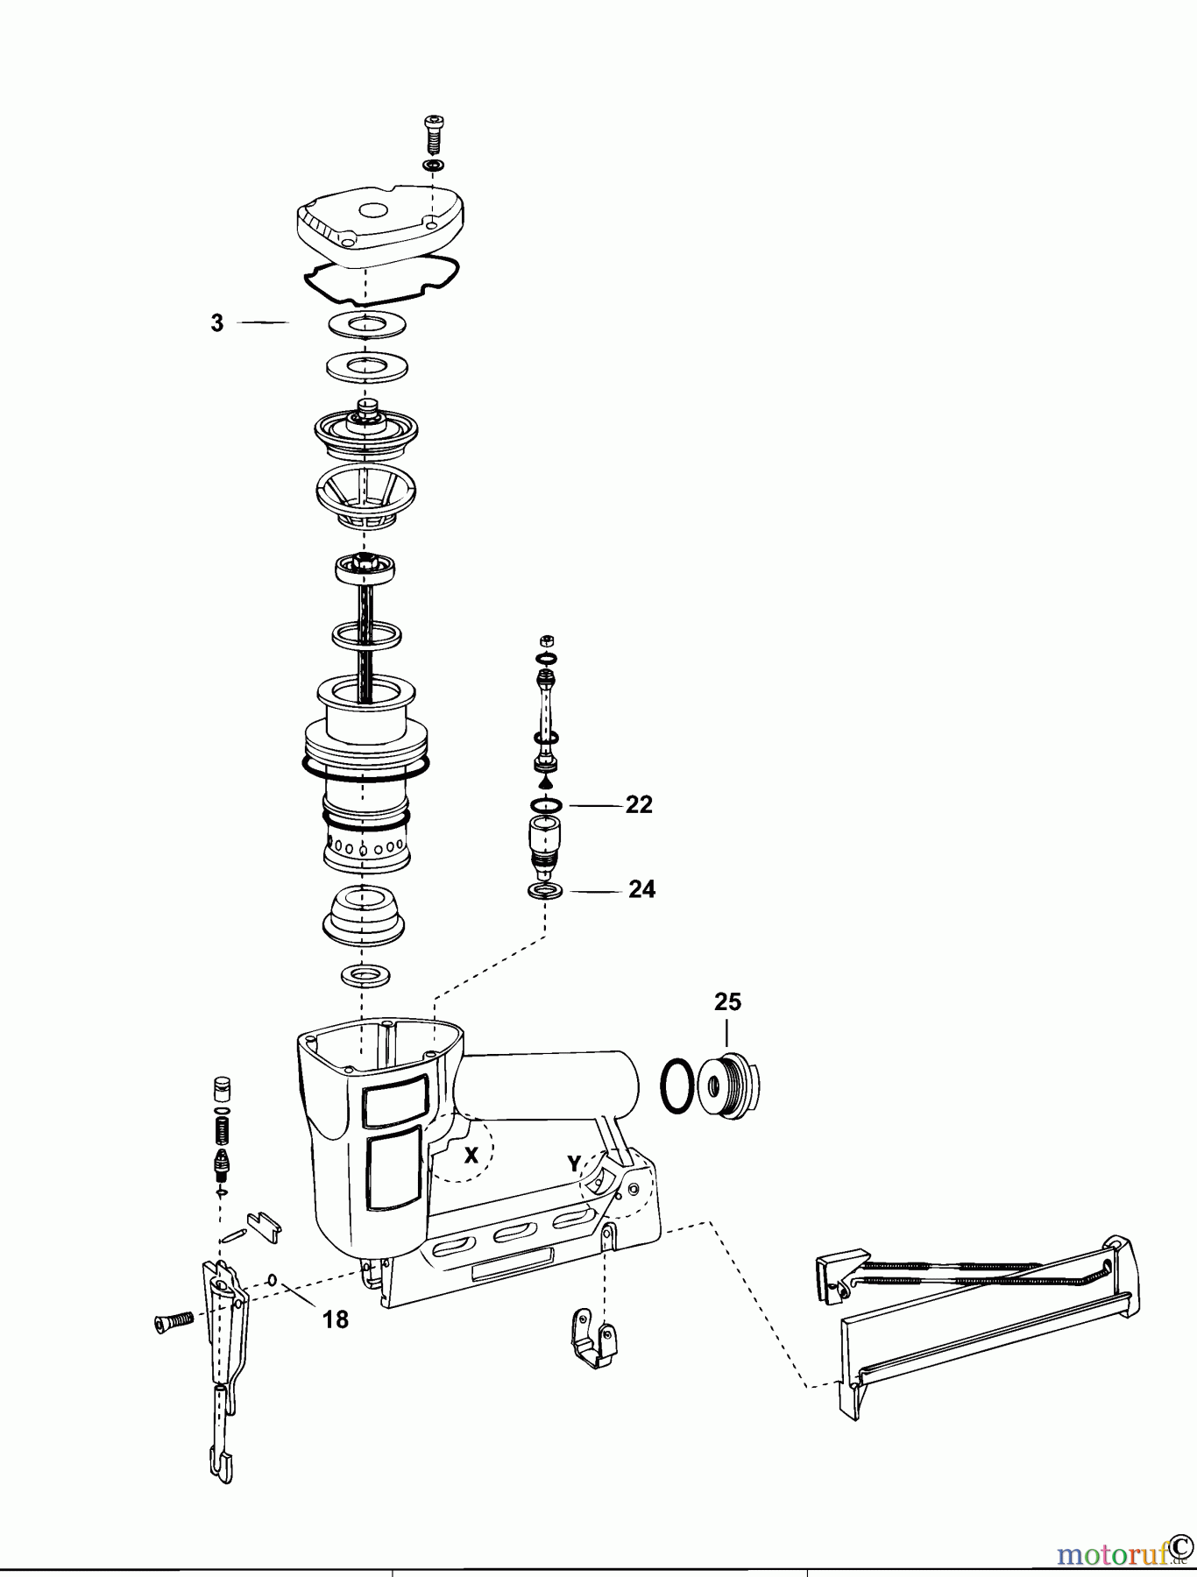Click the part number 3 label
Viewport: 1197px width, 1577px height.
(x=217, y=323)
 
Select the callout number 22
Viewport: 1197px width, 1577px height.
(x=639, y=804)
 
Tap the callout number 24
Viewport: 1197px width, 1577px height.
(x=641, y=890)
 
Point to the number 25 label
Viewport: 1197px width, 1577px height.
(x=727, y=1001)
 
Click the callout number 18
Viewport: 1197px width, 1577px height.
(x=335, y=1319)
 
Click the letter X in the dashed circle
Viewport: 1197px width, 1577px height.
(x=471, y=1155)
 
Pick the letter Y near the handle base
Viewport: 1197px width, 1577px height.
(x=574, y=1163)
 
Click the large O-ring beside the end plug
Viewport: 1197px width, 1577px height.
(x=674, y=1086)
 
